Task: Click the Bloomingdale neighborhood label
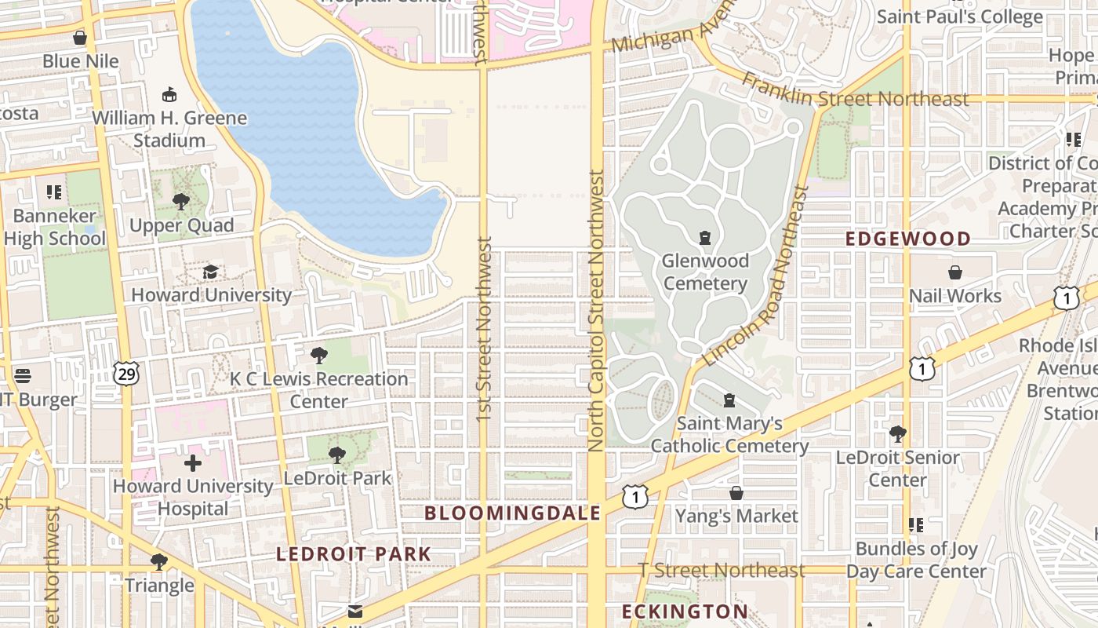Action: (x=512, y=513)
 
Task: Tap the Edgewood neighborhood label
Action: (x=908, y=239)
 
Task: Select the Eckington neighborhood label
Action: (x=685, y=612)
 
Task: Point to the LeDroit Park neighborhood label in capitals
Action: (x=353, y=554)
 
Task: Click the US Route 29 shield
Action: (x=125, y=374)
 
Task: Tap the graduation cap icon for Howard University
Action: (x=210, y=272)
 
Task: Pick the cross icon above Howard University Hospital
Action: (x=192, y=462)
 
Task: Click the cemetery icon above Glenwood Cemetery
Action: (x=705, y=237)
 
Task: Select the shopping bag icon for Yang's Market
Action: (x=736, y=493)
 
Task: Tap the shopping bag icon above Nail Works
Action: (x=954, y=272)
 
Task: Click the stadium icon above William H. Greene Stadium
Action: (x=169, y=95)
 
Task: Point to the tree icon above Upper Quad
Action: (x=181, y=202)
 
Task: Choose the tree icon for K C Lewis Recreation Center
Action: (x=318, y=356)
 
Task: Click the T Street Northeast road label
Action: (x=722, y=571)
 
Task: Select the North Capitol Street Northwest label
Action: (x=596, y=310)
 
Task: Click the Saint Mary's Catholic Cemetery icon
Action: (x=729, y=400)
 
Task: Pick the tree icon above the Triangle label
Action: (x=158, y=562)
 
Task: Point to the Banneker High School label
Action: (x=53, y=227)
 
